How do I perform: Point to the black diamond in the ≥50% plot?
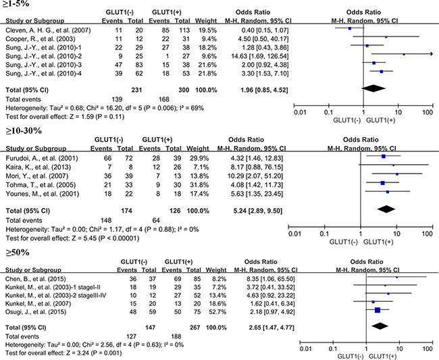coord(379,325)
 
